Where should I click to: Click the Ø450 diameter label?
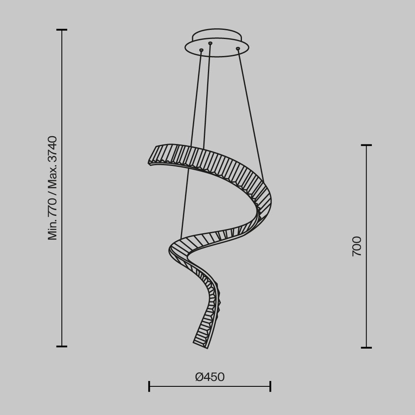(210, 377)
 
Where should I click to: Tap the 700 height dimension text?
(357, 246)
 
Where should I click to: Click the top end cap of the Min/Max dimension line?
(62, 30)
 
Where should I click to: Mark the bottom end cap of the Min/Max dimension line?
(62, 346)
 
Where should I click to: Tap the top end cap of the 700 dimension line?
(366, 145)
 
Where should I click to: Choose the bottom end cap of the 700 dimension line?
(366, 347)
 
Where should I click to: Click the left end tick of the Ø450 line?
(149, 386)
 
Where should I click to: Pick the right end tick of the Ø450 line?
(270, 386)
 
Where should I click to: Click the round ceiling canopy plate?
(217, 44)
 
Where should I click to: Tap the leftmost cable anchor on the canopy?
(201, 50)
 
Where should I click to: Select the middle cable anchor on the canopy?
(210, 43)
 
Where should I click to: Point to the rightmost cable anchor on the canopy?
(238, 49)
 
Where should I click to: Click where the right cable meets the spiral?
(263, 182)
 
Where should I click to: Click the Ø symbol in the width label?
(199, 377)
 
